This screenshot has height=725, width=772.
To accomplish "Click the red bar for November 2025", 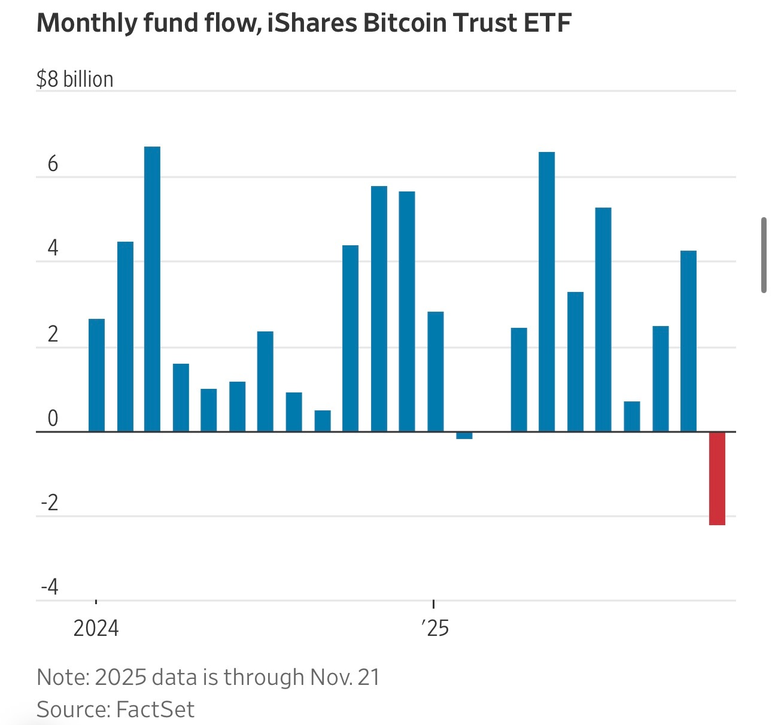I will [717, 478].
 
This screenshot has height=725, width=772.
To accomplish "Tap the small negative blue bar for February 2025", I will [464, 435].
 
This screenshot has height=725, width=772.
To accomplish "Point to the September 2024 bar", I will [323, 421].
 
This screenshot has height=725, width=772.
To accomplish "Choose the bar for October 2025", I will [688, 341].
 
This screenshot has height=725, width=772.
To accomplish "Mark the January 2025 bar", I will [436, 371].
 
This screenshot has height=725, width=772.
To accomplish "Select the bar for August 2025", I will [631, 416].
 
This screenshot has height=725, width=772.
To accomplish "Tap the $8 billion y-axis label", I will [75, 79].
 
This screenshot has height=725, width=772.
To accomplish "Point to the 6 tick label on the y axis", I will [53, 164].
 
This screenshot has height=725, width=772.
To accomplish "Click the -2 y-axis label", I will [50, 502].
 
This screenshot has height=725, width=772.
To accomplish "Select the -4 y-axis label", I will [50, 587].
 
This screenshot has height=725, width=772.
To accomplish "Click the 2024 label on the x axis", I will [96, 628].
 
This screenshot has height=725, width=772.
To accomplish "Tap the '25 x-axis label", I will [435, 628].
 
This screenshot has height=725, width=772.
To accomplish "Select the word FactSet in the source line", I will [155, 709].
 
